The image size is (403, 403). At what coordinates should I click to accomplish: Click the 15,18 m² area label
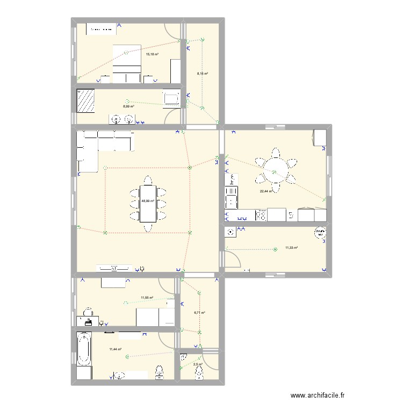pyautogui.click(x=152, y=54)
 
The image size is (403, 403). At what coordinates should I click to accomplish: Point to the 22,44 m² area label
pyautogui.click(x=265, y=191)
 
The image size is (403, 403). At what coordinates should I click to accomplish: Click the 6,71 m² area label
pyautogui.click(x=199, y=312)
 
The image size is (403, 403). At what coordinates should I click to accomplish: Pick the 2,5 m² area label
pyautogui.click(x=198, y=364)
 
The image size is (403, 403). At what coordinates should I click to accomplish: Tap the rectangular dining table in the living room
pyautogui.click(x=148, y=203)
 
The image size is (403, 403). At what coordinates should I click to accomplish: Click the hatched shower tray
pyautogui.click(x=86, y=100)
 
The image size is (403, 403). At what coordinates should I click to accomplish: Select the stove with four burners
pyautogui.click(x=261, y=215)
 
